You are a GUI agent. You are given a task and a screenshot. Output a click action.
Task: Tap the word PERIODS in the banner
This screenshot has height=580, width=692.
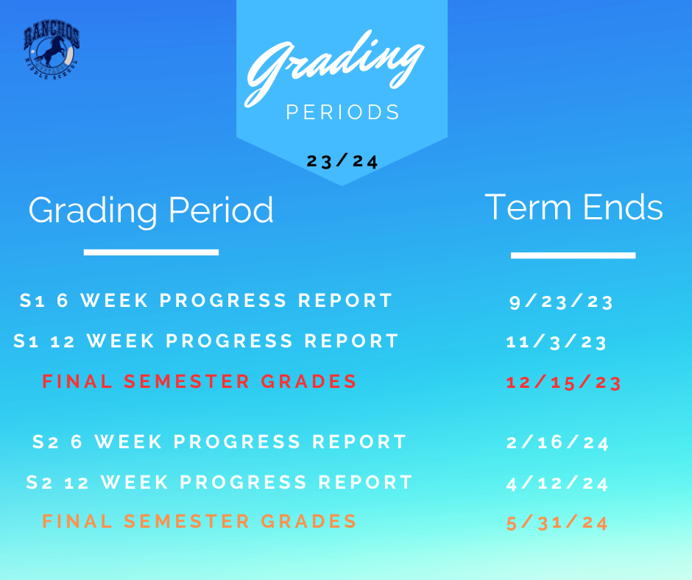342,112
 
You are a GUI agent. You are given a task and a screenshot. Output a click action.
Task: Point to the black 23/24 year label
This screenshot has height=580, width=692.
342,161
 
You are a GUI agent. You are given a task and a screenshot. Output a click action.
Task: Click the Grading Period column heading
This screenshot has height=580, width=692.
151,211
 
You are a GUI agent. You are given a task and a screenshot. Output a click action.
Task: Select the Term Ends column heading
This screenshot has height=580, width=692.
573,207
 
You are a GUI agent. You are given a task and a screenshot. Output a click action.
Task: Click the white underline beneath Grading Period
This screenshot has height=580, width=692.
151,252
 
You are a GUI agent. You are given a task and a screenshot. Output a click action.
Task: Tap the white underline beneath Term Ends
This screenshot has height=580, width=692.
573,255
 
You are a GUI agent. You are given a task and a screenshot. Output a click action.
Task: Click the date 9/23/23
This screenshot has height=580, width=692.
561,302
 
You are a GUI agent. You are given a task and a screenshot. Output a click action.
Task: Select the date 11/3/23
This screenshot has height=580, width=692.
556,342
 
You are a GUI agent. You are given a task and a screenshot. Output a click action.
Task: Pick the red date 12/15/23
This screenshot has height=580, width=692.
564,382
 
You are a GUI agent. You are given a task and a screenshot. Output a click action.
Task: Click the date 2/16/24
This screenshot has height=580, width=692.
557,442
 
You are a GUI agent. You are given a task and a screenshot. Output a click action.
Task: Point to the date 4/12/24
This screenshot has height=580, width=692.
557,483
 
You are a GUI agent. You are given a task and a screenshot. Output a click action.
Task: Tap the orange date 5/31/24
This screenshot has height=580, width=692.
557,523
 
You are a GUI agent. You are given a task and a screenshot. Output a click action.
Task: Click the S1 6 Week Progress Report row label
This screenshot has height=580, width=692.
206,300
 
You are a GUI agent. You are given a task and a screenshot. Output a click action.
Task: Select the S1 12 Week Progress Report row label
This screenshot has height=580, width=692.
206,341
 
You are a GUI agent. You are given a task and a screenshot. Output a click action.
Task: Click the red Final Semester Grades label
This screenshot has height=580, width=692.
199,381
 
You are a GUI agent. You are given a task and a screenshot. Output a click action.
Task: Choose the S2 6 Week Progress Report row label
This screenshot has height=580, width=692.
219,442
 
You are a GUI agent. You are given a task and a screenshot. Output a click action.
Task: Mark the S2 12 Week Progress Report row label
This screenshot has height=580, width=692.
219,482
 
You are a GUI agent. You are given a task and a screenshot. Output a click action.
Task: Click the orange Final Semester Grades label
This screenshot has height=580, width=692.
199,521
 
